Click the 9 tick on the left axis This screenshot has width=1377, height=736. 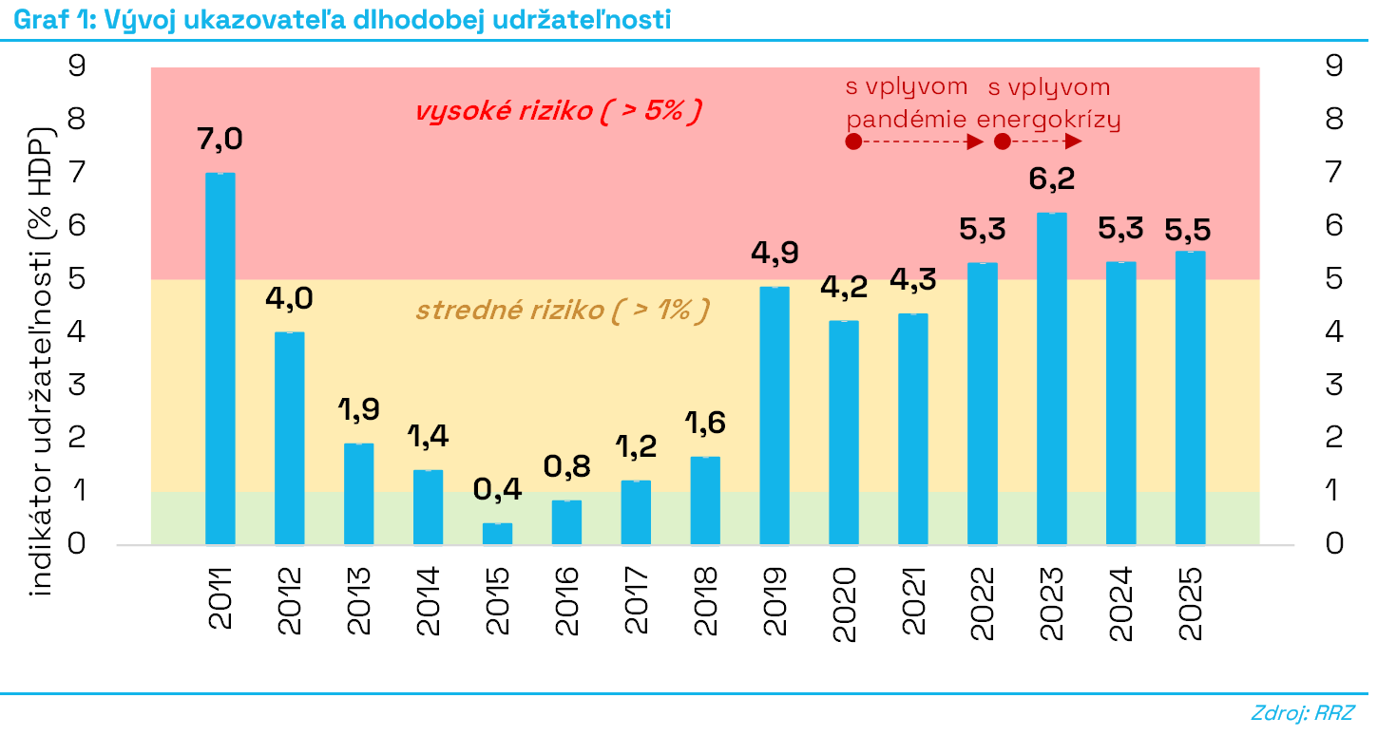(x=78, y=66)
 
